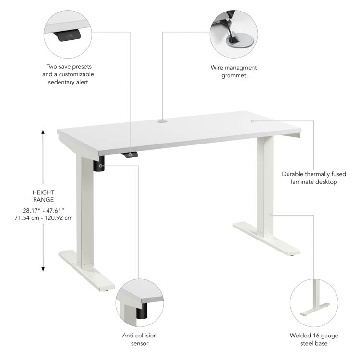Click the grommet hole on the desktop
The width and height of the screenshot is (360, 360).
(162, 121)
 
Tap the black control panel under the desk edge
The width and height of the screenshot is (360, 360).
(130, 155)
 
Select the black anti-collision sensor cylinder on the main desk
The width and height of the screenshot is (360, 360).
(99, 164)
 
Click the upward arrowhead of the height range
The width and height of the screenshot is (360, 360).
(43, 132)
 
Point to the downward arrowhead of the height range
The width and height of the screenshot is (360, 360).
(43, 269)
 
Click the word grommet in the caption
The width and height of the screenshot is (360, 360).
(234, 76)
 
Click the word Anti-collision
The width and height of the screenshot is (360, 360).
(140, 336)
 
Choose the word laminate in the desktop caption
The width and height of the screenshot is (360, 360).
(301, 182)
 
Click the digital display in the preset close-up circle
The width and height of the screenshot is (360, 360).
(69, 36)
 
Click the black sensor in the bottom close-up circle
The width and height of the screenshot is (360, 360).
(142, 311)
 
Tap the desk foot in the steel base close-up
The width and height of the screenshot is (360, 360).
(315, 310)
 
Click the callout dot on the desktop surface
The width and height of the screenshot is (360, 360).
(252, 121)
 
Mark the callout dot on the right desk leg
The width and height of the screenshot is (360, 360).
(270, 215)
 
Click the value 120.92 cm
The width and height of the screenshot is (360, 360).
(59, 218)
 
